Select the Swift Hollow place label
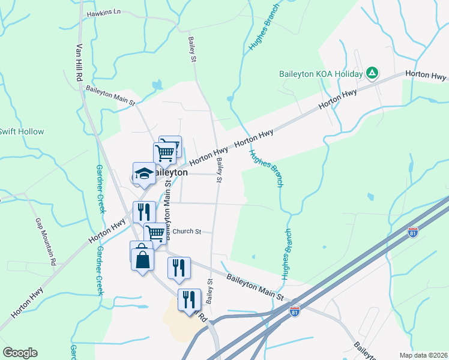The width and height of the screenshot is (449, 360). click(21, 131)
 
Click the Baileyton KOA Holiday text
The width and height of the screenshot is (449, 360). click(321, 74)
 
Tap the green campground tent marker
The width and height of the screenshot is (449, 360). click(372, 73)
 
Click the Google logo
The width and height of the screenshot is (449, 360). click(20, 353)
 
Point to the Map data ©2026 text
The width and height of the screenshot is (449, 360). click(423, 355)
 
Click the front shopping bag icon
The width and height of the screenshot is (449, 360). click(143, 260)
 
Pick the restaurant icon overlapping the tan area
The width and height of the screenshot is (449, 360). click(189, 299)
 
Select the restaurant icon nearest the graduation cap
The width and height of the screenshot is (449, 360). click(144, 211)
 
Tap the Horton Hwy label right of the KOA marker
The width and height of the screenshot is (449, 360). click(426, 75)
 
